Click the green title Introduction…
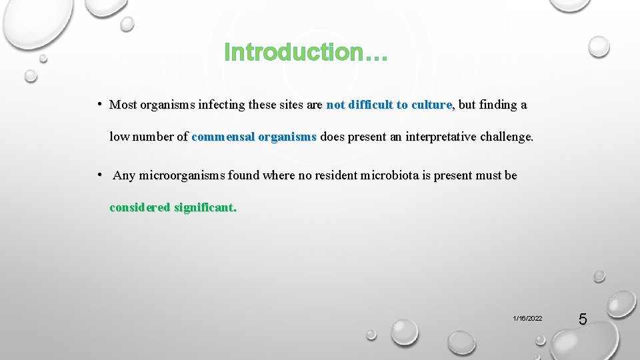305,52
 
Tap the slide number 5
582,319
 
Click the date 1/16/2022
527,319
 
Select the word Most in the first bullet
123,105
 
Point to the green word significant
205,207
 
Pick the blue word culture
431,105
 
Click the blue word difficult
371,105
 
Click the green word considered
140,207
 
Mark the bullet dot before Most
98,104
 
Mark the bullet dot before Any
98,175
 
